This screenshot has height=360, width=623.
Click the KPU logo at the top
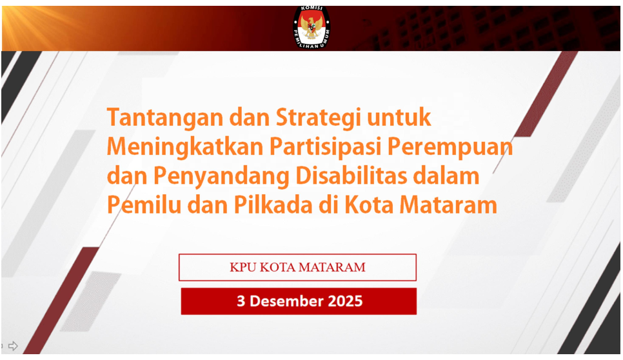point(311,27)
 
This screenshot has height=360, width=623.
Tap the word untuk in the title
point(399,117)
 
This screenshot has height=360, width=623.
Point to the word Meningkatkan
point(185,147)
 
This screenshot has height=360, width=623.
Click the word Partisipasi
point(326,147)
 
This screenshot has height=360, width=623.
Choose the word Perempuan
point(450,147)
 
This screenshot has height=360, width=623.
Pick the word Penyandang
point(221,176)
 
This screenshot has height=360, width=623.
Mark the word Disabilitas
point(351,175)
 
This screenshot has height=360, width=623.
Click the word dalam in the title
point(446,175)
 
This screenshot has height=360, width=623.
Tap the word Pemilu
point(144,205)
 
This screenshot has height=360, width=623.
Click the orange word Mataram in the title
point(448,205)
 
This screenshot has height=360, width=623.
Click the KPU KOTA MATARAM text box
point(297,267)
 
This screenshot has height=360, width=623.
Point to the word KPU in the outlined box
point(244,267)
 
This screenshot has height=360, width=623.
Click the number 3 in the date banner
point(241,301)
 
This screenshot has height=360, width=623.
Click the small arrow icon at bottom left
point(13,346)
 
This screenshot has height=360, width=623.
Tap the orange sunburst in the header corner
point(28,22)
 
